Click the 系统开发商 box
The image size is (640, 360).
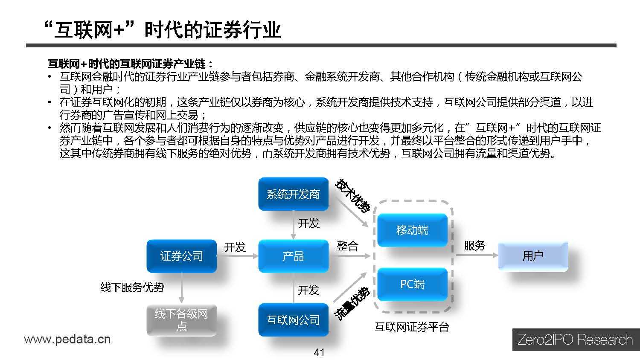293,195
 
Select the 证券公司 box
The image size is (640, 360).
182,256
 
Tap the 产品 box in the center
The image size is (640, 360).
293,256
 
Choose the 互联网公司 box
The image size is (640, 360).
293,320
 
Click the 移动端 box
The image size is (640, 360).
412,230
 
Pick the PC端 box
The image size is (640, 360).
412,284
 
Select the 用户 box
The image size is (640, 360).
533,256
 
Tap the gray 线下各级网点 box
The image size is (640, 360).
181,320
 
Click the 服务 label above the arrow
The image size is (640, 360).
474,246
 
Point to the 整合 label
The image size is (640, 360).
347,246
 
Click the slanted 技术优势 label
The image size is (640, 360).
352,196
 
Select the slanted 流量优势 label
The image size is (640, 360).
351,304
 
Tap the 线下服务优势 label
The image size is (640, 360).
132,287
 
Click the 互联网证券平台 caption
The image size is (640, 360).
412,327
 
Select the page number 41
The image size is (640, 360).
319,352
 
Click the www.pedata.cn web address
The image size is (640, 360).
67,340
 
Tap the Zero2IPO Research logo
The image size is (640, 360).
575,340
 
